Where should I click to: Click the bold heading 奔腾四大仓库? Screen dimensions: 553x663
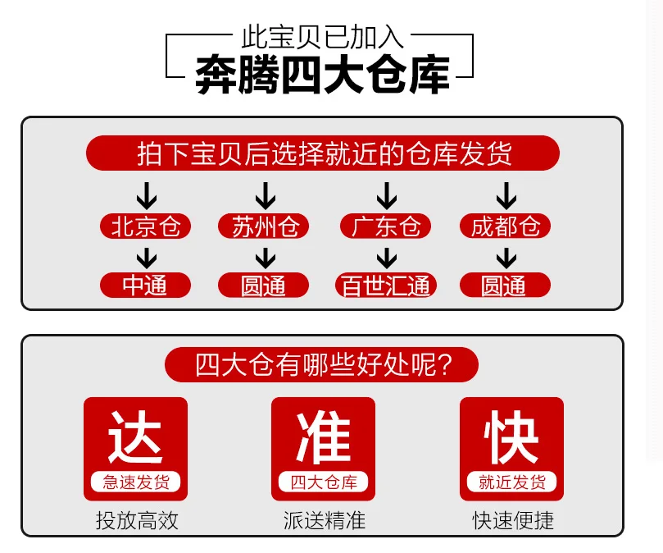(323, 75)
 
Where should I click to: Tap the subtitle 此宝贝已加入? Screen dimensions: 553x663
(323, 37)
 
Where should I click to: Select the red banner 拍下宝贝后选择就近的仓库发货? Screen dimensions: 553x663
(323, 153)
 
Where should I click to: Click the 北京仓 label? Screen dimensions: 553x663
(146, 226)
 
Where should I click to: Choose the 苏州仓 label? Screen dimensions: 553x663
(264, 226)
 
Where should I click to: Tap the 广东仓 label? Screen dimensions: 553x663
(385, 226)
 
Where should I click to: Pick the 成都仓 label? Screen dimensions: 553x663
(505, 226)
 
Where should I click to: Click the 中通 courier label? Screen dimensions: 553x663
(146, 285)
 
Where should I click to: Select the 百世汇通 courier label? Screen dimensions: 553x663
(385, 285)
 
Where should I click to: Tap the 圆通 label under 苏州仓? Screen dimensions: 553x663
(264, 285)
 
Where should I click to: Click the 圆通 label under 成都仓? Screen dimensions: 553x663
(505, 285)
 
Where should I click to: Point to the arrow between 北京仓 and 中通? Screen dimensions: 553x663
(146, 258)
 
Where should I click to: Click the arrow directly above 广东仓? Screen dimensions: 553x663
(385, 196)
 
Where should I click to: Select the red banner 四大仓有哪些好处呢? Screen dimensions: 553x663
(323, 363)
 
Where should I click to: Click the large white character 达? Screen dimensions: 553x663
(135, 437)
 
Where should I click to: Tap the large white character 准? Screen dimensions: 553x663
(323, 437)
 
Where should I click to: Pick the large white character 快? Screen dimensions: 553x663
(511, 437)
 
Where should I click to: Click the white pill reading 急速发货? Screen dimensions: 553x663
(135, 482)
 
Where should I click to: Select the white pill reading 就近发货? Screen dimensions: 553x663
(511, 482)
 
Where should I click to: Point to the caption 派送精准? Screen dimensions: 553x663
(323, 520)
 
